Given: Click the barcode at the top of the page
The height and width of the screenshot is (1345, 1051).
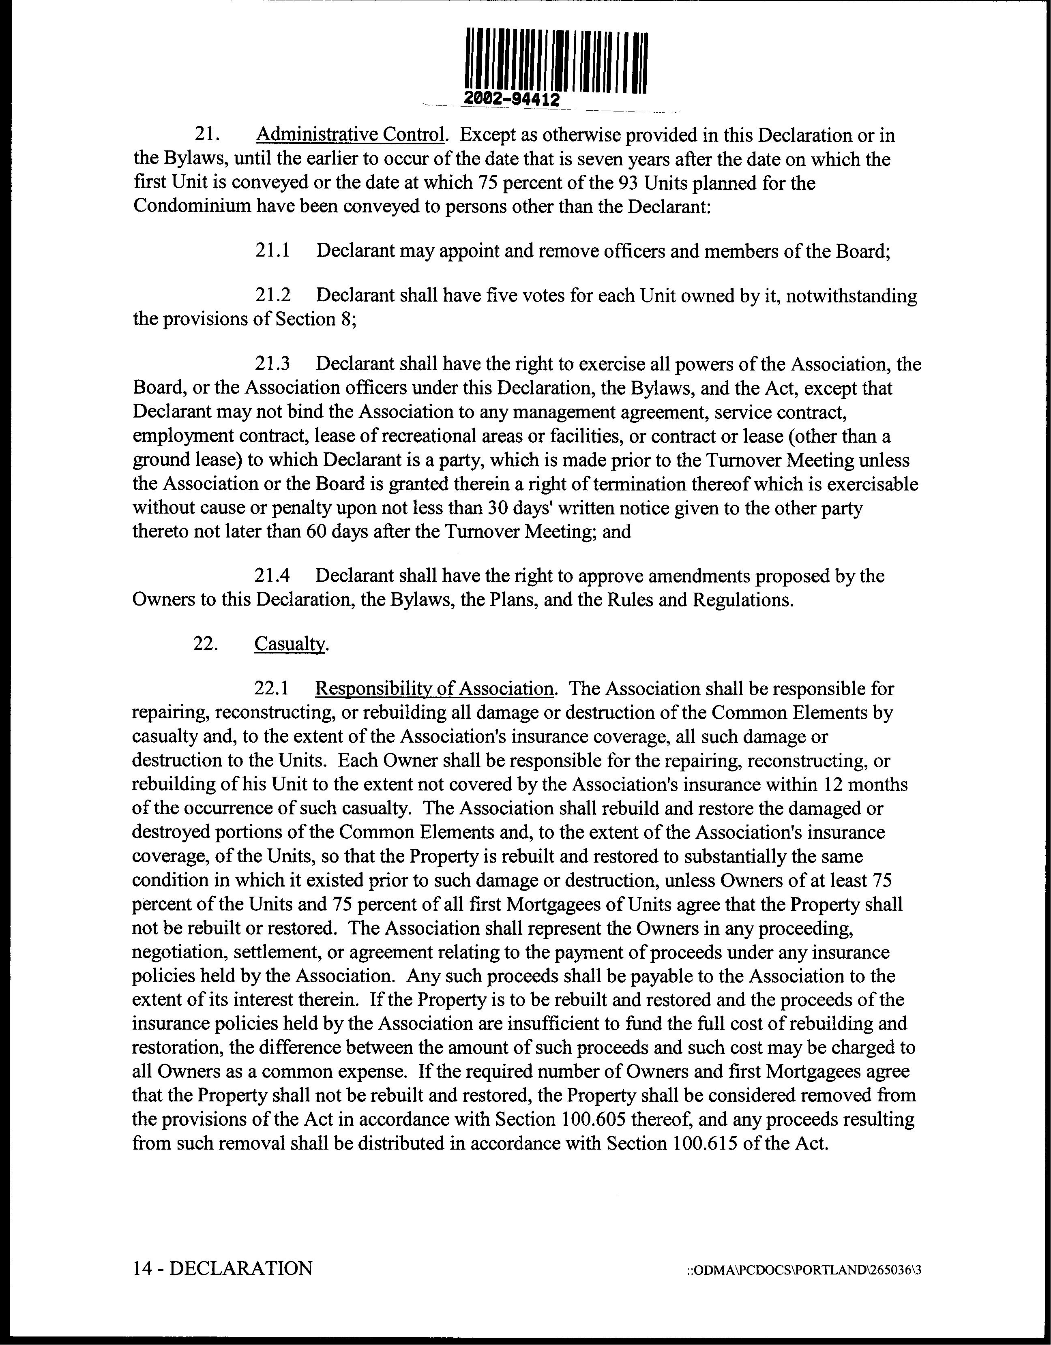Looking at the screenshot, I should point(556,62).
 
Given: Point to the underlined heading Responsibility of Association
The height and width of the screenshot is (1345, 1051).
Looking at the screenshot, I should point(434,688).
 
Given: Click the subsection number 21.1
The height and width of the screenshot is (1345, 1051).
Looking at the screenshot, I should point(272,251).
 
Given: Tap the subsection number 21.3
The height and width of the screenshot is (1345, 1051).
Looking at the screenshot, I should point(272,364).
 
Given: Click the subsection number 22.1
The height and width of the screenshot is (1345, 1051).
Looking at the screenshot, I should point(272,688).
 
